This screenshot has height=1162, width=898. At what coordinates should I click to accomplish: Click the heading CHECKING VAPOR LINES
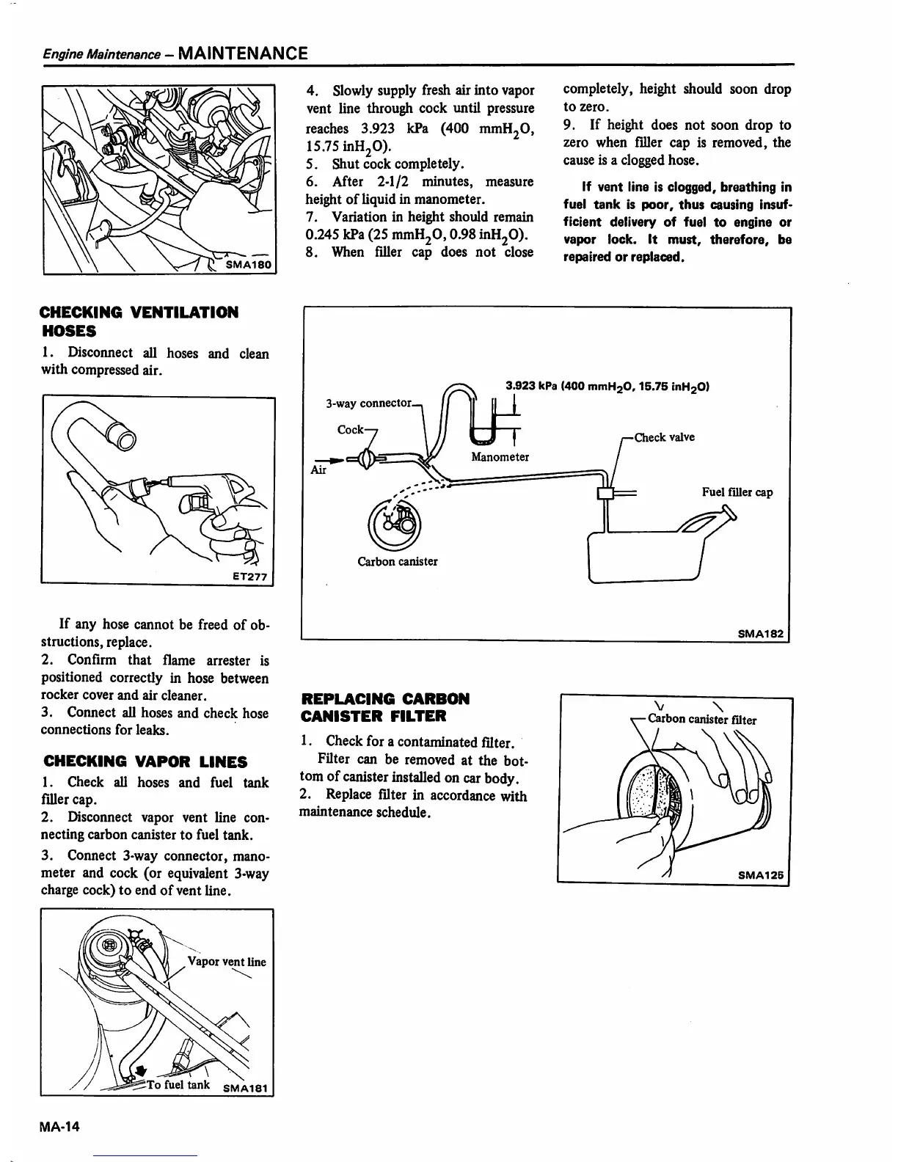[x=145, y=761]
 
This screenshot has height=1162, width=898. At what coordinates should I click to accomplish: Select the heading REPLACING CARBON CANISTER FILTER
[x=384, y=706]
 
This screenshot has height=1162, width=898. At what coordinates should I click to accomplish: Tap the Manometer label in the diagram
[x=500, y=456]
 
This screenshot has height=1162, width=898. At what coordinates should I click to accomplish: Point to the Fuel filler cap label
[x=737, y=492]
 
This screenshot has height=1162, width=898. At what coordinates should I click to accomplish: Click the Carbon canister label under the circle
[x=397, y=561]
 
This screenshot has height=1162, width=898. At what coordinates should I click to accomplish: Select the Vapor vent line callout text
[x=227, y=962]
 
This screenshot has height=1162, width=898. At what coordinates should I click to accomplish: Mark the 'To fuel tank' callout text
[x=178, y=1085]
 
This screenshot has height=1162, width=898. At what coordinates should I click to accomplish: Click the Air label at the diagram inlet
[x=318, y=469]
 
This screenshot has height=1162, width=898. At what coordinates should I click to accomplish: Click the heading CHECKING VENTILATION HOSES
[x=139, y=321]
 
